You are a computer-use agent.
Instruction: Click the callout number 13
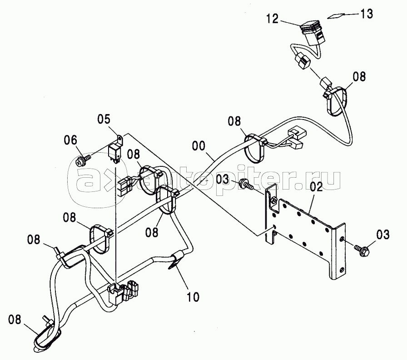tap(366, 14)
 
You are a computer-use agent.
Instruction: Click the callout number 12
tap(273, 19)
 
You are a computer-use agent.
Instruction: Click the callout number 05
tap(104, 119)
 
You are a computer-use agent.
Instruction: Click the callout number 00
tap(199, 146)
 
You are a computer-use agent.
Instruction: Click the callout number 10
tap(193, 297)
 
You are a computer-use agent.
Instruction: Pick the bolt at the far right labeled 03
tap(361, 250)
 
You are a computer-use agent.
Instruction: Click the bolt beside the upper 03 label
tap(246, 183)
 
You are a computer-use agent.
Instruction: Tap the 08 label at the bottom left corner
tap(15, 320)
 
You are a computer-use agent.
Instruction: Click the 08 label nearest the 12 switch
tap(359, 77)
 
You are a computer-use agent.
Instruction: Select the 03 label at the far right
tap(383, 235)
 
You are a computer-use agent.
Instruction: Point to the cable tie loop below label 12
tap(336, 102)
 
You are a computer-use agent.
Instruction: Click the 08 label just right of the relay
tap(134, 154)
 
